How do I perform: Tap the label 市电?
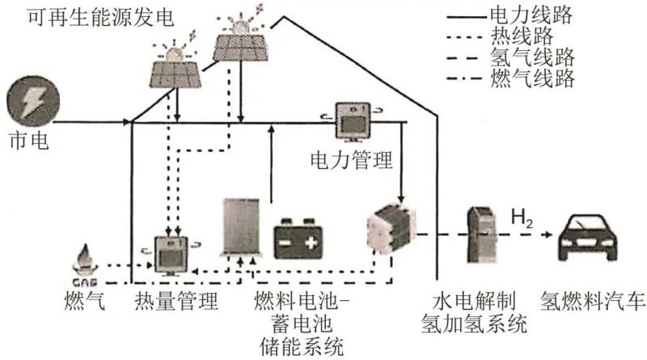pyautogui.click(x=27, y=141)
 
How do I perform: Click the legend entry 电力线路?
pyautogui.click(x=531, y=14)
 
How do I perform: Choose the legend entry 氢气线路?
pyautogui.click(x=531, y=57)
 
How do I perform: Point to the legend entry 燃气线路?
pyautogui.click(x=531, y=78)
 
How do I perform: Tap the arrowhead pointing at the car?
pyautogui.click(x=552, y=235)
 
